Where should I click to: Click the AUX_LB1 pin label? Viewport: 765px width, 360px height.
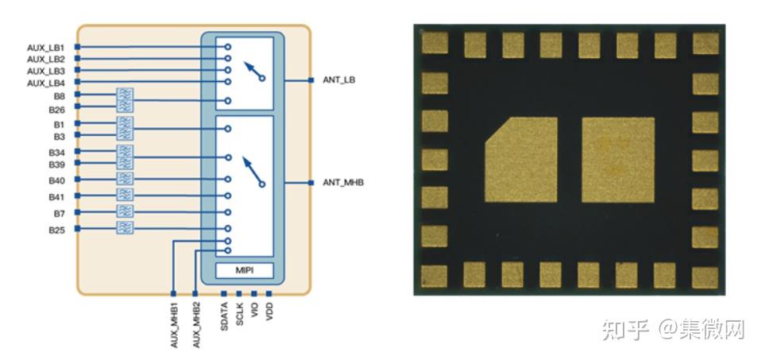tap(45, 48)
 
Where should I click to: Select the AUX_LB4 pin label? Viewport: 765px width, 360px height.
tap(45, 83)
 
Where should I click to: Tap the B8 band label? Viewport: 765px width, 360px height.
tap(58, 95)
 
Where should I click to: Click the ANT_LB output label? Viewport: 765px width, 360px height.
tap(340, 79)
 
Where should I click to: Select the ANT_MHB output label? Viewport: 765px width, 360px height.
tap(343, 183)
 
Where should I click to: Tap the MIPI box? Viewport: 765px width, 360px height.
tap(243, 270)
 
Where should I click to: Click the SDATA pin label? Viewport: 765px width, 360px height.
tap(225, 315)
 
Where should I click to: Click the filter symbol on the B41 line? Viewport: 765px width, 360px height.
tap(125, 195)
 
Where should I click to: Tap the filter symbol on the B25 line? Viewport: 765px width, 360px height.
tap(125, 229)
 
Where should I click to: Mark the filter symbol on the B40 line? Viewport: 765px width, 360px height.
tap(125, 179)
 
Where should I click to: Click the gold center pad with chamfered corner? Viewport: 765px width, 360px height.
tap(521, 159)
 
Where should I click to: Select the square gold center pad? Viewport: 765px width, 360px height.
tap(618, 159)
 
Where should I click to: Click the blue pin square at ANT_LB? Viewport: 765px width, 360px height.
tap(310, 80)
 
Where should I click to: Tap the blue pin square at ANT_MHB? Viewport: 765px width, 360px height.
tap(310, 183)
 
